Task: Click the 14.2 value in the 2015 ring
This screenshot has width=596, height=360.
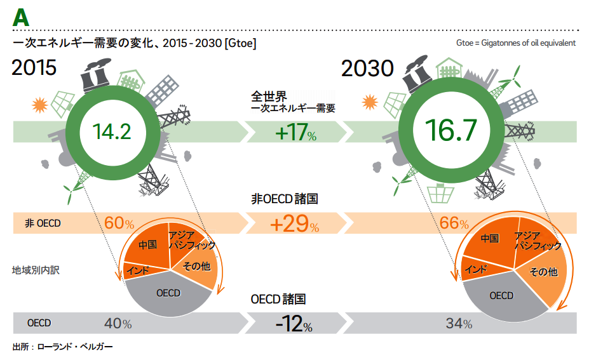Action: pyautogui.click(x=111, y=131)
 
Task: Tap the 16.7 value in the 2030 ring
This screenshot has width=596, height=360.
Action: pyautogui.click(x=450, y=130)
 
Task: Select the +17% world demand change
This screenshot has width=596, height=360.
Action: pyautogui.click(x=295, y=134)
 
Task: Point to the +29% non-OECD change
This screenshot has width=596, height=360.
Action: pyautogui.click(x=294, y=223)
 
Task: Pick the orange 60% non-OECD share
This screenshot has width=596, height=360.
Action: pyautogui.click(x=119, y=223)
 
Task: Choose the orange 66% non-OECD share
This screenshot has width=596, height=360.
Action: pyautogui.click(x=454, y=223)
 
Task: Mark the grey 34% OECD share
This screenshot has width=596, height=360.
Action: pyautogui.click(x=459, y=324)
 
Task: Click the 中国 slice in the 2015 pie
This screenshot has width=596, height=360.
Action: pyautogui.click(x=147, y=244)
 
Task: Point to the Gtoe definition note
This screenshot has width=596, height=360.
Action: pyautogui.click(x=515, y=43)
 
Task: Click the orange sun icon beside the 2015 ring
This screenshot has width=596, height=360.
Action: pyautogui.click(x=40, y=103)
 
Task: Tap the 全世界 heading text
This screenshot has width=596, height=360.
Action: pyautogui.click(x=268, y=97)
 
